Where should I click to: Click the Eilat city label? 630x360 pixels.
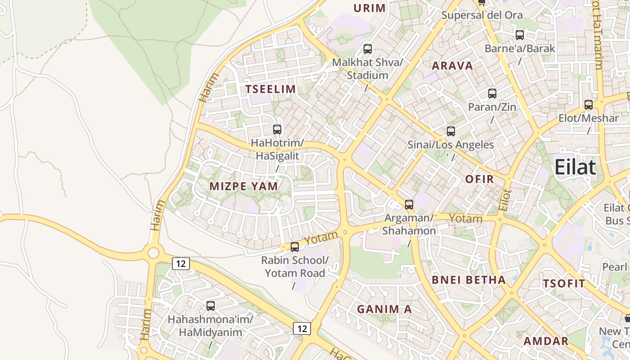(x=575, y=167)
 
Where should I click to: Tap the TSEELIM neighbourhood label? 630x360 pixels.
(x=270, y=89)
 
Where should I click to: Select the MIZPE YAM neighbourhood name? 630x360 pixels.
(x=243, y=186)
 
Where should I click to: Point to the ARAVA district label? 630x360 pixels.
(x=452, y=66)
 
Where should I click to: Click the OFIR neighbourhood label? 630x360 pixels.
(x=479, y=179)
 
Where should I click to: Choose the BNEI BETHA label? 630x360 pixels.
(x=469, y=280)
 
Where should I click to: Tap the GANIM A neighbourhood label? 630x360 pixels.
(x=384, y=309)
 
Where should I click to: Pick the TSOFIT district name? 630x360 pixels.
(x=564, y=283)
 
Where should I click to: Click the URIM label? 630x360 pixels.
(x=369, y=8)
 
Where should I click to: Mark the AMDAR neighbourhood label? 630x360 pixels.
(x=546, y=341)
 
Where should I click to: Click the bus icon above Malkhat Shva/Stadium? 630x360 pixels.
(x=368, y=49)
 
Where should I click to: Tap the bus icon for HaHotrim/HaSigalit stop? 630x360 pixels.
(x=277, y=130)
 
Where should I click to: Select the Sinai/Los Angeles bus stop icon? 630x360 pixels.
(x=451, y=131)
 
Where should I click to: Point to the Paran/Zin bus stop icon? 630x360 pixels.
(x=492, y=94)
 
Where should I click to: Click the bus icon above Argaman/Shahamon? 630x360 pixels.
(x=409, y=205)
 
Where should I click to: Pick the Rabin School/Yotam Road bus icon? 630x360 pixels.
(x=295, y=247)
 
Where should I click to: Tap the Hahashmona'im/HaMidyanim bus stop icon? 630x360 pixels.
(x=211, y=306)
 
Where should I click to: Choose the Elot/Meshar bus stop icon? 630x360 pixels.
(x=589, y=105)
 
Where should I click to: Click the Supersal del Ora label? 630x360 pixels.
(x=481, y=15)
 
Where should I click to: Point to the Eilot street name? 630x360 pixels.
(x=505, y=200)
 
